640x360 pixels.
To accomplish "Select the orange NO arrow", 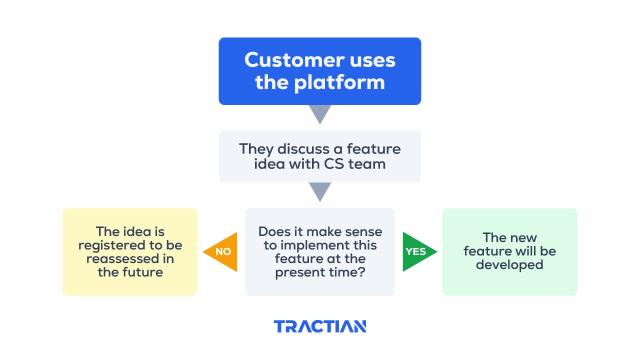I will click(x=221, y=252).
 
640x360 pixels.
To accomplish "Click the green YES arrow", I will click(x=418, y=252).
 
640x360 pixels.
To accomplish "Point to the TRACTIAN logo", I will click(x=320, y=326).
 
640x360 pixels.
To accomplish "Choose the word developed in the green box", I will click(x=509, y=264).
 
